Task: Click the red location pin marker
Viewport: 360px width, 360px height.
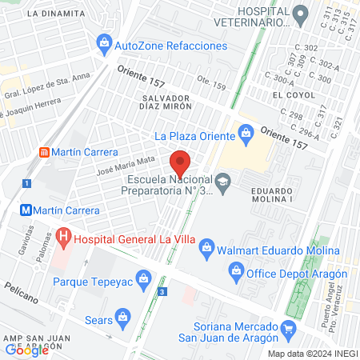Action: pyautogui.click(x=181, y=162)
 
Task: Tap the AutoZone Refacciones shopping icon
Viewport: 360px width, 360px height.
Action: pyautogui.click(x=104, y=42)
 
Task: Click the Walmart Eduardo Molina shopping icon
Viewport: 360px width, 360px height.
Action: pyautogui.click(x=207, y=248)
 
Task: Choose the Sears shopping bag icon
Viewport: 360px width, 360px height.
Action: pyautogui.click(x=122, y=317)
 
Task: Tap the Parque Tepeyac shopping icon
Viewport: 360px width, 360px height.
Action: pyautogui.click(x=144, y=279)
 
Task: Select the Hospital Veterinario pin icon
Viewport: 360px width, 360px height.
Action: pyautogui.click(x=300, y=14)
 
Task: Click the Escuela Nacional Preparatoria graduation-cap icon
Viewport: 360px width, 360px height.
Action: pyautogui.click(x=224, y=183)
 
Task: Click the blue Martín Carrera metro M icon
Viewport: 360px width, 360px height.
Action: pyautogui.click(x=27, y=210)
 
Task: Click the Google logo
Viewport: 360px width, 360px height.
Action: pyautogui.click(x=27, y=349)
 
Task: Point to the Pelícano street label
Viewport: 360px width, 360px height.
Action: pyautogui.click(x=20, y=292)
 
